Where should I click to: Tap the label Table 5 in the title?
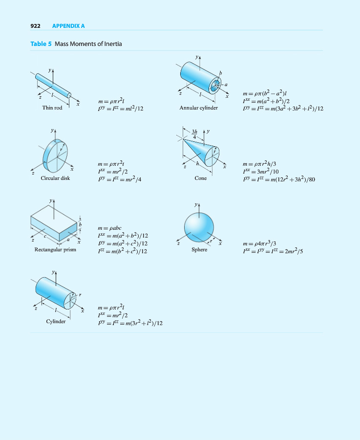click(x=41, y=44)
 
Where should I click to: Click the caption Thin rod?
click(x=52, y=108)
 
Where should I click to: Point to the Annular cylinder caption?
click(x=198, y=108)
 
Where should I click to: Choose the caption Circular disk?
click(x=55, y=178)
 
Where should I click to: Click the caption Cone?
click(x=200, y=178)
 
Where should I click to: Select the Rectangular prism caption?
click(x=55, y=250)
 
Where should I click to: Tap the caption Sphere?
click(x=199, y=249)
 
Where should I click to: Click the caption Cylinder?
click(x=56, y=321)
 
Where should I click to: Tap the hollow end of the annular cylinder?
click(x=215, y=86)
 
